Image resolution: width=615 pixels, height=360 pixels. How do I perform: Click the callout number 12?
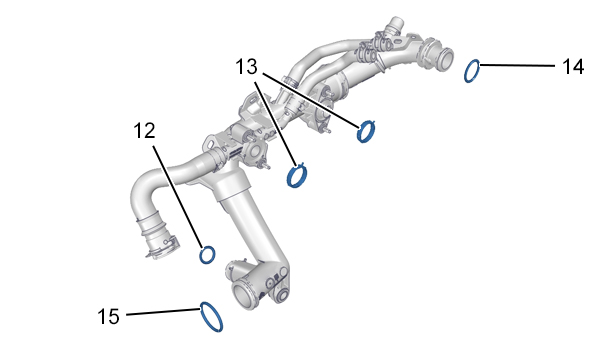click(144, 131)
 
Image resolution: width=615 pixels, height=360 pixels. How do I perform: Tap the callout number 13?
click(247, 66)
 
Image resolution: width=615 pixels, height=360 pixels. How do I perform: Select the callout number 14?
click(573, 66)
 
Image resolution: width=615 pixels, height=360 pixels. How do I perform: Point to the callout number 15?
click(108, 316)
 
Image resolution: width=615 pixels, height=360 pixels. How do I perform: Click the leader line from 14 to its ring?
click(517, 65)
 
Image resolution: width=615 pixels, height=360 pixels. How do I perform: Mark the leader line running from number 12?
click(179, 197)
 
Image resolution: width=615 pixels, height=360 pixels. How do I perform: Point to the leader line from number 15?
click(163, 312)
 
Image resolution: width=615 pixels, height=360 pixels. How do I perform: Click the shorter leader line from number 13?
click(275, 124)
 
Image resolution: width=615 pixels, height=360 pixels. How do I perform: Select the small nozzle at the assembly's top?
click(394, 25)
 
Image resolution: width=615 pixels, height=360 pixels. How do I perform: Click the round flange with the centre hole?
click(253, 151)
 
